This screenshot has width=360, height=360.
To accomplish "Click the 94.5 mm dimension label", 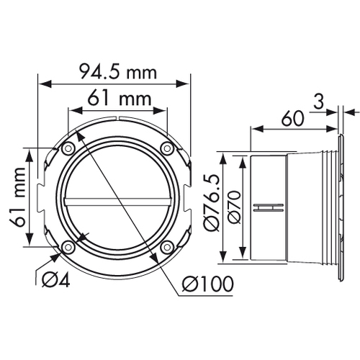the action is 118,71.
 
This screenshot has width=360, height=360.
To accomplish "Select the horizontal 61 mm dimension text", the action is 120,99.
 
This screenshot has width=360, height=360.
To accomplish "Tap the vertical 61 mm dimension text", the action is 18,197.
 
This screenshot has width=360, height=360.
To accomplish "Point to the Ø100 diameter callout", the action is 207,284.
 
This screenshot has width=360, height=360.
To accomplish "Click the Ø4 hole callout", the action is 56,280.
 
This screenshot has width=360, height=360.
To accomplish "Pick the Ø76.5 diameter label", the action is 212,202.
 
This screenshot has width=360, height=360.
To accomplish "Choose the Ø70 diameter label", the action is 234,207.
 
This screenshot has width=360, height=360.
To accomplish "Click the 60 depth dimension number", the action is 292,119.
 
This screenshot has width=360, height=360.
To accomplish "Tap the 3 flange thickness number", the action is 319,102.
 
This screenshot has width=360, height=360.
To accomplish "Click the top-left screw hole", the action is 68,148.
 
